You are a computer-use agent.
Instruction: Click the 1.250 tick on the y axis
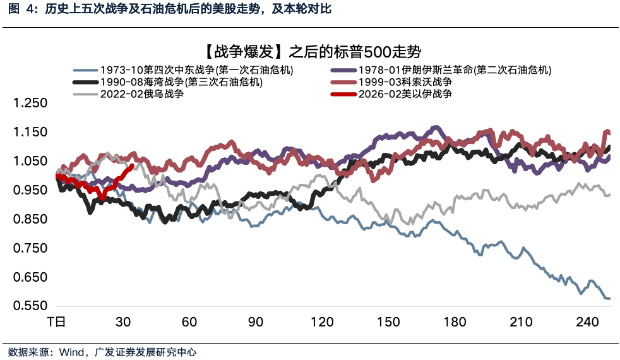pos(30,104)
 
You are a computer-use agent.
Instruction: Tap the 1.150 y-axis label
pos(30,133)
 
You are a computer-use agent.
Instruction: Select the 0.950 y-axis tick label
pos(30,191)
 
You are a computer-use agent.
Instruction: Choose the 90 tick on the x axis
pos(256,322)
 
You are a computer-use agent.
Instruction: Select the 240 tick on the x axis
pos(587,322)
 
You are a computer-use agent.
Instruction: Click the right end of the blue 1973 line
pos(609,298)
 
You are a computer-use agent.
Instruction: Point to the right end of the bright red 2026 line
pos(131,166)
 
